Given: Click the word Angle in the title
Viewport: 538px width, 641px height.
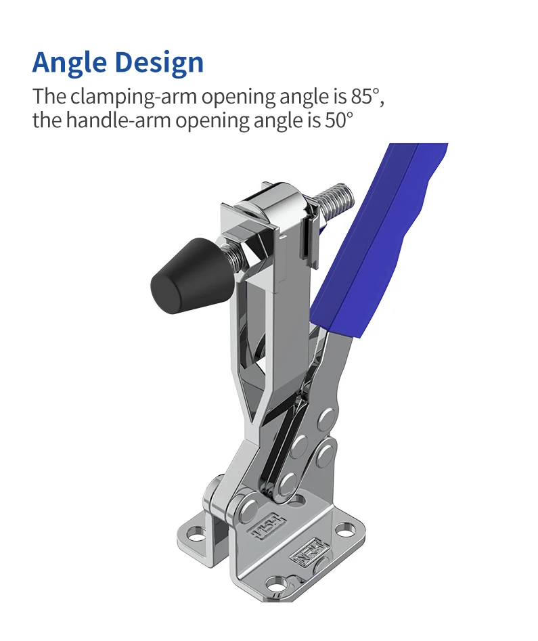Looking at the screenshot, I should click(70, 62).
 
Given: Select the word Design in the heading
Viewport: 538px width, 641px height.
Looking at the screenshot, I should click(159, 62).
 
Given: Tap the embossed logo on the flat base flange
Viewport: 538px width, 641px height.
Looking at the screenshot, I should click(304, 554).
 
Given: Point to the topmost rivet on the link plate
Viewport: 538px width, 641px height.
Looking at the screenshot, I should click(327, 415).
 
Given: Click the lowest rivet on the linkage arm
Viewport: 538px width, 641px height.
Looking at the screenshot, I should click(287, 482).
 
